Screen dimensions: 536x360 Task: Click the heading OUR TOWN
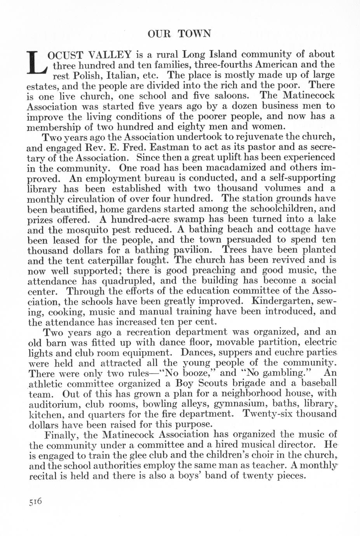tap(179, 34)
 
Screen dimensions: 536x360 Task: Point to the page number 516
tap(35, 501)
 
